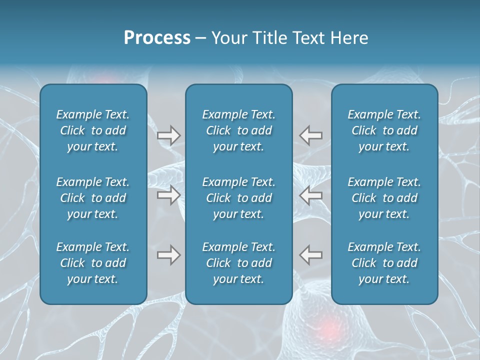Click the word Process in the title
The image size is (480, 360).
point(157,38)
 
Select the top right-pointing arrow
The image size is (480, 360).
point(169,135)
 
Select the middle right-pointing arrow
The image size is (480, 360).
point(169,195)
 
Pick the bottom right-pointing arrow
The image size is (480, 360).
point(169,255)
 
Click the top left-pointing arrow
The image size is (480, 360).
point(311,135)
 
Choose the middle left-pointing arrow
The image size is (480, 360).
point(311,195)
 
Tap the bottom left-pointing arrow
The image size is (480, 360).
point(311,255)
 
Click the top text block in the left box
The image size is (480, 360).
point(93,130)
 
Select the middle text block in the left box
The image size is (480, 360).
point(93,198)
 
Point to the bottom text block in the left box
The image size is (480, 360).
point(93,263)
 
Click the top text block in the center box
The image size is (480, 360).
point(239,130)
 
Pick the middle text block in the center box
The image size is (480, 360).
point(239,198)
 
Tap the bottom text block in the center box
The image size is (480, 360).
point(239,263)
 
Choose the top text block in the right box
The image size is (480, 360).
point(384,130)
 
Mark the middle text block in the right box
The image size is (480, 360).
point(384,198)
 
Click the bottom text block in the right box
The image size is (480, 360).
point(384,263)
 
